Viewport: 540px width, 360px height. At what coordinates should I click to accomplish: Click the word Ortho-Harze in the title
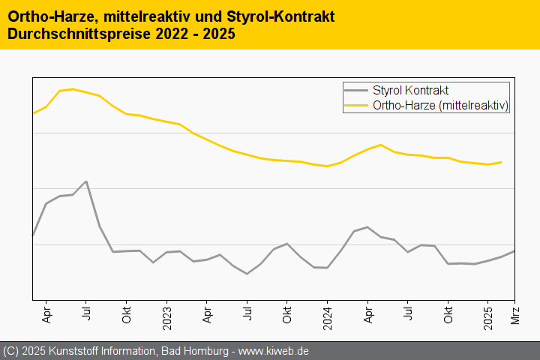42,16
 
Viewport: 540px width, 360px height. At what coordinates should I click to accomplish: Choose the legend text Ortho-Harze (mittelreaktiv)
441,106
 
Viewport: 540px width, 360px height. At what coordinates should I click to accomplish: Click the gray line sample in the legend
357,90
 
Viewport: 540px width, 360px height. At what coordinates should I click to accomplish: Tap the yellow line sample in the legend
357,106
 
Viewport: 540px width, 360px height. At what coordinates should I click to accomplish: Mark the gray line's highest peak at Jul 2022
87,181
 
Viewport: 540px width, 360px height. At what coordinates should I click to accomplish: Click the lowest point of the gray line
247,274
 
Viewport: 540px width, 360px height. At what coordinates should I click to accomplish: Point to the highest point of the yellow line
72,88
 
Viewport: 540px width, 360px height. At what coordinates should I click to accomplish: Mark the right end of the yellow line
501,162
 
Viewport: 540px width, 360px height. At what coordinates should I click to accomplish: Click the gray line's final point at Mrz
514,250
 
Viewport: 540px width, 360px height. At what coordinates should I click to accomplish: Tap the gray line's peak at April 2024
367,226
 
